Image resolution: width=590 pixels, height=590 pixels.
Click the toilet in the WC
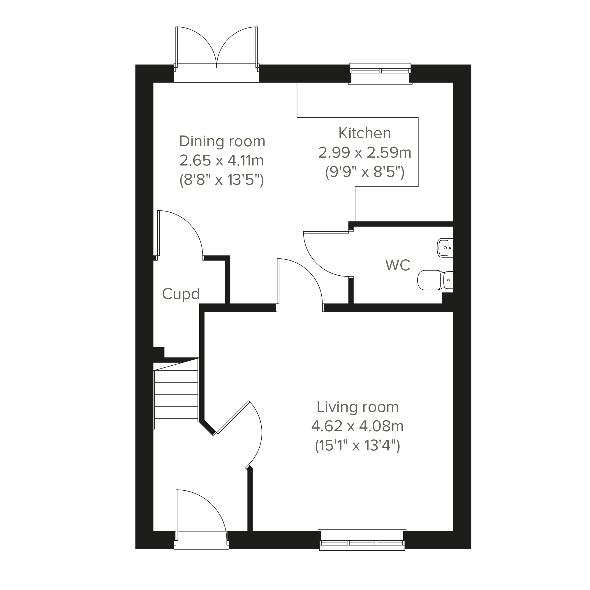pyautogui.click(x=435, y=280)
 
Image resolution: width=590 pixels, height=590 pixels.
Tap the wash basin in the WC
pyautogui.click(x=445, y=248)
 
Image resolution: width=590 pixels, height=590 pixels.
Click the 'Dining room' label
pyautogui.click(x=222, y=141)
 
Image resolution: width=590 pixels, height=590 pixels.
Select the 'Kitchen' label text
pyautogui.click(x=364, y=133)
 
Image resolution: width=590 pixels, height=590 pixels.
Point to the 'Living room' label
pyautogui.click(x=357, y=407)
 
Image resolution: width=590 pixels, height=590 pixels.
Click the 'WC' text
pyautogui.click(x=398, y=265)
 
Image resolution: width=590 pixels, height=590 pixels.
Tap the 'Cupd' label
pyautogui.click(x=181, y=294)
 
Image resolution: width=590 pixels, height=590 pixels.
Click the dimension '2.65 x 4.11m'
pyautogui.click(x=221, y=160)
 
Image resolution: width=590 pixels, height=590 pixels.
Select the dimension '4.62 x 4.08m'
pyautogui.click(x=357, y=426)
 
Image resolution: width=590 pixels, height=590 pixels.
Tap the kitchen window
pyautogui.click(x=380, y=73)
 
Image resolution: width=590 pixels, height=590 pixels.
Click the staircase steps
pyautogui.click(x=176, y=394)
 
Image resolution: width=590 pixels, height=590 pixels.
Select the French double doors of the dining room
pyautogui.click(x=216, y=54)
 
